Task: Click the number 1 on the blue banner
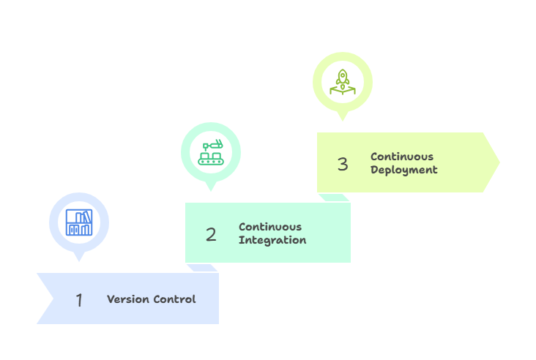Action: (x=79, y=300)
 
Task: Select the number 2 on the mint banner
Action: (x=211, y=235)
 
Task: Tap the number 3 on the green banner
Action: (x=343, y=165)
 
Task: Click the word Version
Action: (x=128, y=299)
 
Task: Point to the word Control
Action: (x=175, y=299)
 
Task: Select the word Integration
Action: (x=272, y=240)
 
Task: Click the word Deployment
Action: (x=404, y=170)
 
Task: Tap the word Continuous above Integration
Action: (x=270, y=227)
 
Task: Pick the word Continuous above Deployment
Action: (x=402, y=157)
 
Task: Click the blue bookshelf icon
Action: (x=79, y=222)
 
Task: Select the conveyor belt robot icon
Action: (x=211, y=152)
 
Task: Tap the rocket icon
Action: (x=343, y=82)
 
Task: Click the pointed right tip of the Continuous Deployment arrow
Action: (x=500, y=162)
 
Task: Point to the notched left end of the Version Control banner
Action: (x=53, y=299)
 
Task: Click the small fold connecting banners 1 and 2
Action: (x=202, y=268)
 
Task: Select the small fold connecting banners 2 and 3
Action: (x=334, y=198)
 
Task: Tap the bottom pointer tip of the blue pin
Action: (x=79, y=261)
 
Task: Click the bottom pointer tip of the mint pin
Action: (x=211, y=191)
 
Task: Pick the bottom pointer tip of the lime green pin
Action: (x=343, y=121)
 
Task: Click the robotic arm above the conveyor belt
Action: (x=212, y=145)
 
